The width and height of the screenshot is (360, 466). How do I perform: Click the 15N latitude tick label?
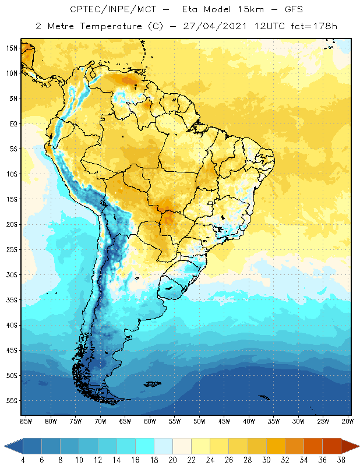click(12, 48)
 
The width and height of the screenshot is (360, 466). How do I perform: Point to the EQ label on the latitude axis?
click(12, 123)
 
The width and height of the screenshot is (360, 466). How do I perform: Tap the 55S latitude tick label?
click(12, 401)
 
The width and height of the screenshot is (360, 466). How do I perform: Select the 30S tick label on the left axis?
click(12, 275)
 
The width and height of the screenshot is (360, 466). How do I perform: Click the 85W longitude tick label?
click(26, 421)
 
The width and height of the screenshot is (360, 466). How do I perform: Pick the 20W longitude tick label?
click(348, 421)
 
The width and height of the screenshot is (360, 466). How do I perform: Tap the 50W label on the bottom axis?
click(199, 421)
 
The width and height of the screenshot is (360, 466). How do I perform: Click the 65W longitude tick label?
click(125, 421)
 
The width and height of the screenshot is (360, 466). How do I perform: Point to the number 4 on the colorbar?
click(23, 460)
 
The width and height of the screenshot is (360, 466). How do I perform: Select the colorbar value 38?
click(340, 460)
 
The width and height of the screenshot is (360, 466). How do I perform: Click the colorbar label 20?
click(172, 460)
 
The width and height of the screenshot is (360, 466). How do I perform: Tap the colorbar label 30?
click(266, 460)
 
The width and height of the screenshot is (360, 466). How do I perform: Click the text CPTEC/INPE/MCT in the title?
click(107, 10)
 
